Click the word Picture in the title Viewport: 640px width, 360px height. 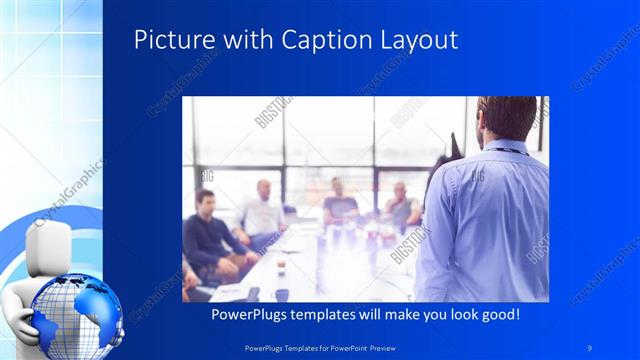(x=167, y=40)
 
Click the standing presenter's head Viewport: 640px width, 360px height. (x=507, y=119)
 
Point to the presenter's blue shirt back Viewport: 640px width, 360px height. (x=490, y=220)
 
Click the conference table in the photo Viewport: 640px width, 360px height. (x=320, y=265)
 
